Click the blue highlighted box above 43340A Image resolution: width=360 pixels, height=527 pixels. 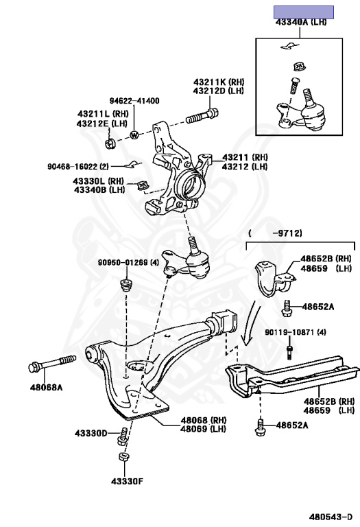[304, 11]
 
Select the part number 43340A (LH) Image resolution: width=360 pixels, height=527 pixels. [301, 23]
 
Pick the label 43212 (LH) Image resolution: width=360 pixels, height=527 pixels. [240, 167]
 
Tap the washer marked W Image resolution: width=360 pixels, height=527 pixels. [134, 134]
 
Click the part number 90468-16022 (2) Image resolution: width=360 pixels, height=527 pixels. [78, 166]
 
